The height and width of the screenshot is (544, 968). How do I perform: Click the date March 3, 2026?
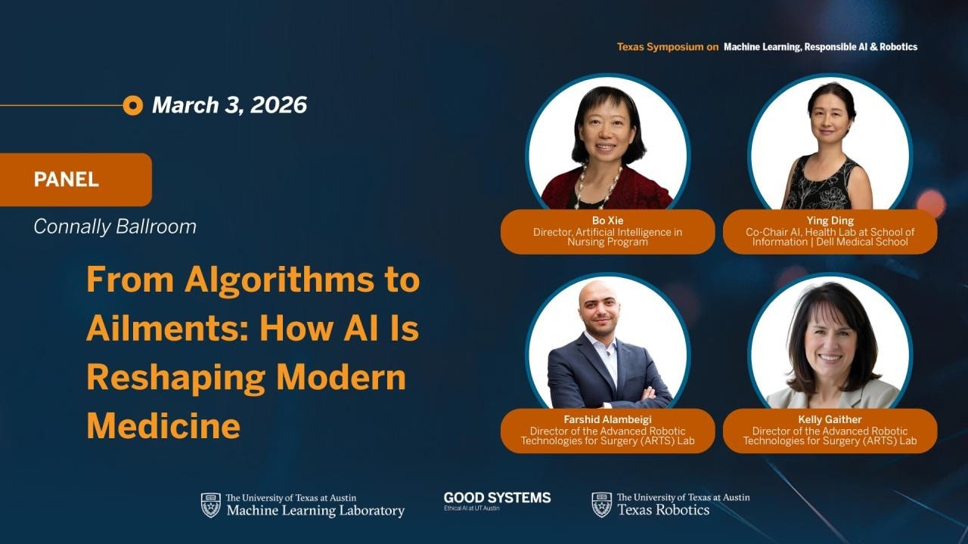[229, 105]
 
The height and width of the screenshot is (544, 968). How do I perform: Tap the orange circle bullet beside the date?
[132, 105]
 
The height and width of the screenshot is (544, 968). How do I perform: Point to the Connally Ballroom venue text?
[115, 226]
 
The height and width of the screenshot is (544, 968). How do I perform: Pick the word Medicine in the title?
[163, 426]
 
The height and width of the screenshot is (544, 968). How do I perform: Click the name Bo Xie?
[607, 221]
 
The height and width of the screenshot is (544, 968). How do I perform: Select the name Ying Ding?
[830, 221]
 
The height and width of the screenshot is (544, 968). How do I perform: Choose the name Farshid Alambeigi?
[607, 419]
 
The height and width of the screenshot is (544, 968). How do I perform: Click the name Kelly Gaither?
[830, 419]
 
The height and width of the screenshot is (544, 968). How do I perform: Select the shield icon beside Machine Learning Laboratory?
[210, 505]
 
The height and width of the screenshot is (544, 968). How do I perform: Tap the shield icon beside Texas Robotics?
[601, 505]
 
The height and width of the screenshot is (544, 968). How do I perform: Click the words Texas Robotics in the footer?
[663, 510]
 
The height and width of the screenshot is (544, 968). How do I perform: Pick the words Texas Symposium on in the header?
[668, 47]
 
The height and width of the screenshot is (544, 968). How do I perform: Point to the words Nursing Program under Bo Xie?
[607, 242]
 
